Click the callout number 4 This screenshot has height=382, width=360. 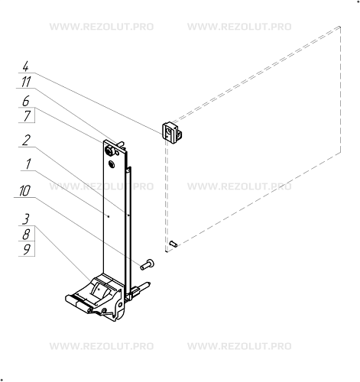(26, 67)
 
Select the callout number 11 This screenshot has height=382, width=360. (26, 83)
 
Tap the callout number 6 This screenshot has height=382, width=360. (26, 101)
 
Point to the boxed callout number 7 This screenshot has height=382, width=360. (26, 116)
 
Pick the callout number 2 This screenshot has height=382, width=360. (26, 141)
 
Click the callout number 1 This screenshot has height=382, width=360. (26, 163)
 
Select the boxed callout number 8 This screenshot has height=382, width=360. (26, 234)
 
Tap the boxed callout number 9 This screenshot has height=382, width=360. (26, 249)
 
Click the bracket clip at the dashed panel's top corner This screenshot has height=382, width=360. (172, 132)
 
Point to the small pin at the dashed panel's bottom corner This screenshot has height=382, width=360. (174, 244)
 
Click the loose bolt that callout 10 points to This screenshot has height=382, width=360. (146, 264)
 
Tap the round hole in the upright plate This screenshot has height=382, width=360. (112, 163)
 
